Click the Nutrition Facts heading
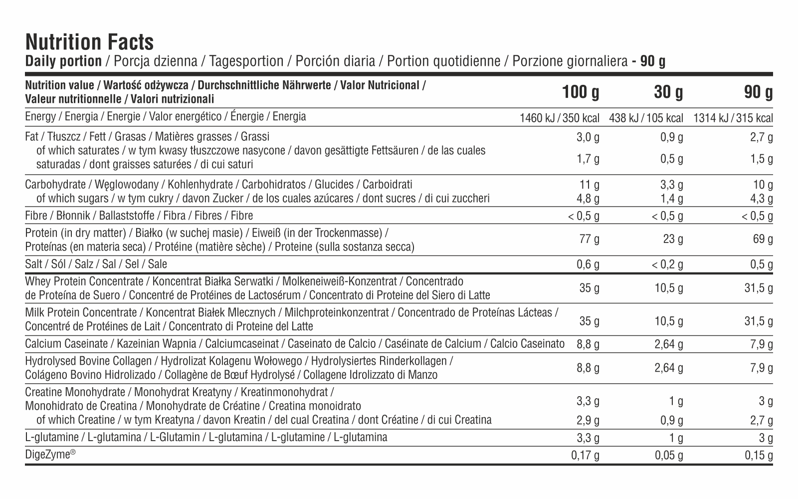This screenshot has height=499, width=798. (x=89, y=42)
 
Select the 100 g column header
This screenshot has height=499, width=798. (x=581, y=92)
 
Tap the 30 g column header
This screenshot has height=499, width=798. (x=668, y=92)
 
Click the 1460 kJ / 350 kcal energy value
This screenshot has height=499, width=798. (x=560, y=118)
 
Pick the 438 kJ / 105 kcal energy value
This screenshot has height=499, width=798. (x=646, y=118)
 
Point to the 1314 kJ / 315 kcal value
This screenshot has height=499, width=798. (x=733, y=118)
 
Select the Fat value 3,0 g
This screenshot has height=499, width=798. (x=588, y=137)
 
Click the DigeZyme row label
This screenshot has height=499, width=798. (x=50, y=455)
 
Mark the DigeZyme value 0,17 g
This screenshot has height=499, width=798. (x=585, y=455)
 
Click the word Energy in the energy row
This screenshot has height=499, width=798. (x=40, y=117)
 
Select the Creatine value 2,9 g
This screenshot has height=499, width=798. (x=588, y=420)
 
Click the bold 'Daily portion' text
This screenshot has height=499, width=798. (x=63, y=61)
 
